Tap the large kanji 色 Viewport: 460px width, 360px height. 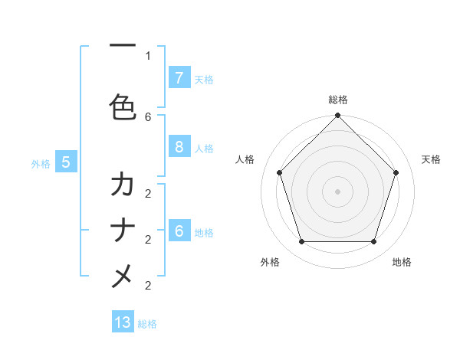[x=123, y=107]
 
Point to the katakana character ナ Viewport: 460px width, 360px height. [x=123, y=231]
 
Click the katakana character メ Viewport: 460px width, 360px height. [x=123, y=277]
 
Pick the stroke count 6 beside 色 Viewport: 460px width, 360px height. [x=148, y=116]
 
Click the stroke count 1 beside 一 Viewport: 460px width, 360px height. [x=148, y=55]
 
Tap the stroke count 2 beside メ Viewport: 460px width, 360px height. [x=148, y=285]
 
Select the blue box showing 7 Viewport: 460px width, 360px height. [x=179, y=77]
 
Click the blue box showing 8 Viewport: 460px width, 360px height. [x=179, y=147]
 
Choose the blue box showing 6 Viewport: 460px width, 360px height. [x=179, y=231]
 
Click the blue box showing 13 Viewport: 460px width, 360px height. [x=123, y=322]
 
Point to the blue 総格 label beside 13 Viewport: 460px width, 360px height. [x=147, y=324]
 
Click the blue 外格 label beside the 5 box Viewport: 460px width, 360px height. [x=41, y=163]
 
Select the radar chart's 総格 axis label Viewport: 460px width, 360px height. [x=337, y=100]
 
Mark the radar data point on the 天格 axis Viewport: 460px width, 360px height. [x=396, y=172]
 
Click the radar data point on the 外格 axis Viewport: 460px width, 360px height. [x=301, y=241]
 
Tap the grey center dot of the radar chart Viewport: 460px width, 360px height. [x=337, y=191]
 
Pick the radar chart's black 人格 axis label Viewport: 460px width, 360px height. [x=245, y=159]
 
